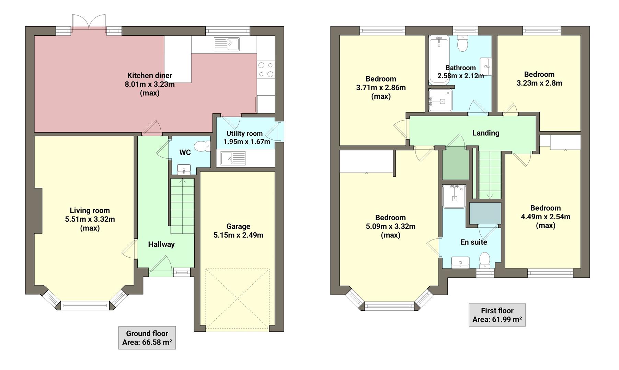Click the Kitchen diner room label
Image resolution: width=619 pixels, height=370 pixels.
150,75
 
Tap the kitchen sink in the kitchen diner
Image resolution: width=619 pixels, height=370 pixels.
227,44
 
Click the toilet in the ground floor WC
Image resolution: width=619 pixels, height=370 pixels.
202,147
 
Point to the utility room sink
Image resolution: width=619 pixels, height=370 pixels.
233,159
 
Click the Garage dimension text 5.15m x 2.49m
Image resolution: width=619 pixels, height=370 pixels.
238,235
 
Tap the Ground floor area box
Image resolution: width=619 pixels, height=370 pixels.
147,338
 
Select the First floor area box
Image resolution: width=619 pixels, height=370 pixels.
497,315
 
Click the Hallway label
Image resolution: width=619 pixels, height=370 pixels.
161,244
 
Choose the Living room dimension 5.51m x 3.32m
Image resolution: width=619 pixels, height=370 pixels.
90,219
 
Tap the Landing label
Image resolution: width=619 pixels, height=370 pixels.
485,133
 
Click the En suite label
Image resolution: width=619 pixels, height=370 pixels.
474,242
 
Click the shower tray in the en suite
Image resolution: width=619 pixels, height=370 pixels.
454,196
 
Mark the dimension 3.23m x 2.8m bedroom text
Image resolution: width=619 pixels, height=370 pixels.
539,83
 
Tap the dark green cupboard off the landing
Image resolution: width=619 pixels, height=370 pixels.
455,163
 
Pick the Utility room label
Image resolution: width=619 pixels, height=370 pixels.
244,134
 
